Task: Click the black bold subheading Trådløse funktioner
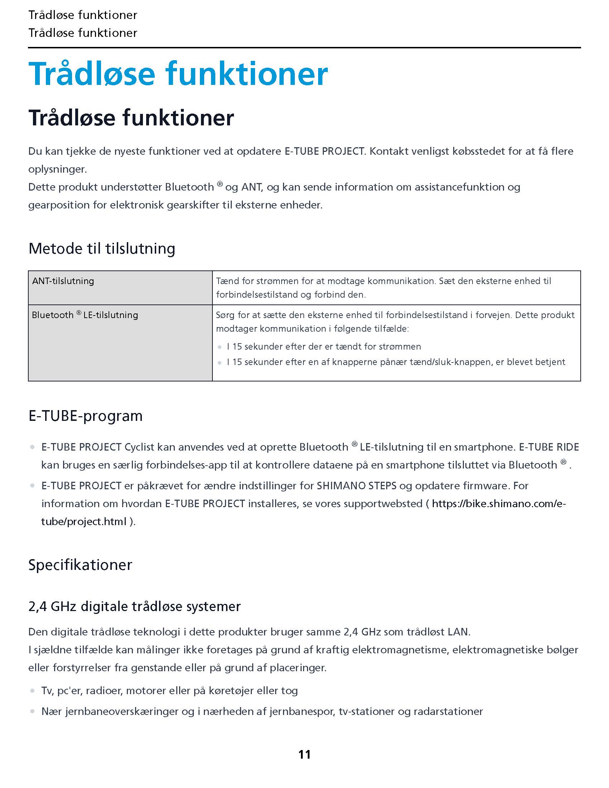131,118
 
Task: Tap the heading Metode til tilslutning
102,249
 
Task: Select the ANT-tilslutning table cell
120,288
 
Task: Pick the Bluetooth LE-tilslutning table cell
120,342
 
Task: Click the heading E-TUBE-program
86,416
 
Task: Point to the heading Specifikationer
80,565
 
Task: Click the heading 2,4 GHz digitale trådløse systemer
134,606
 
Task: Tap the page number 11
304,754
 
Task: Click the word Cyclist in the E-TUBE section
139,447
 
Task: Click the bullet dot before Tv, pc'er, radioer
33,691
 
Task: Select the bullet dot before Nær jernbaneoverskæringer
33,711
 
